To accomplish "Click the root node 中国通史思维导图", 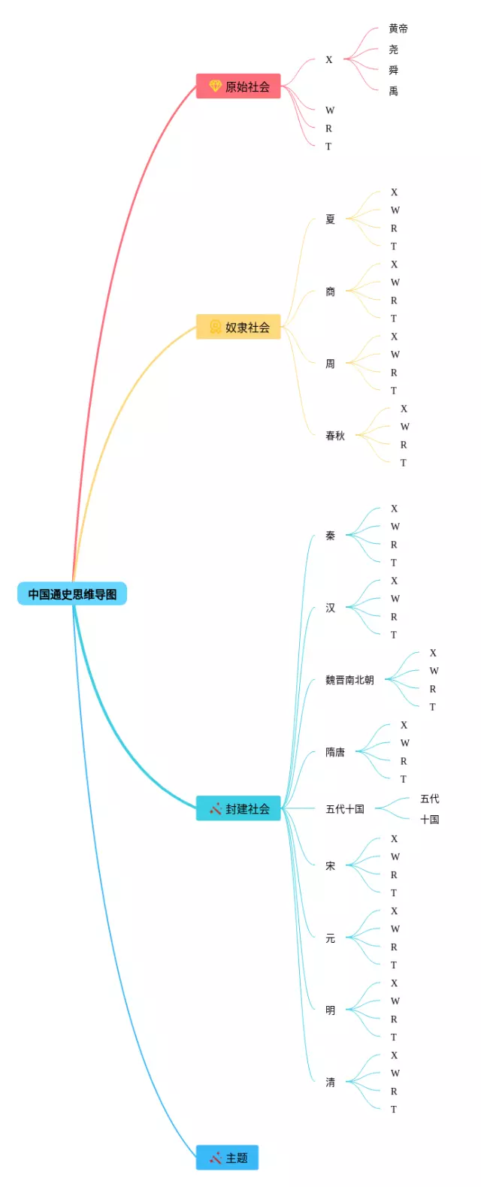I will (72, 594).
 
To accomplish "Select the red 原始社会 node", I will (238, 86).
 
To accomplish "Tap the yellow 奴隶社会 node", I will (238, 327).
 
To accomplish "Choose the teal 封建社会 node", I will (238, 808).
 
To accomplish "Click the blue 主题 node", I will (228, 1158).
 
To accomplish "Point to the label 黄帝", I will (398, 29).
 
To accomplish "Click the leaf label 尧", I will (394, 50).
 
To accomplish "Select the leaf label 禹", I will (394, 91).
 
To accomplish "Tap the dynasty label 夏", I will (330, 219).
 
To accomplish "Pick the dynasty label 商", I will (330, 291).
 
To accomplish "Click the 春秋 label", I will (335, 436).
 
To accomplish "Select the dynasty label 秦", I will (330, 536).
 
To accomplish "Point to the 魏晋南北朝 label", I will (349, 680).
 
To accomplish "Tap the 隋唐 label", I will (335, 752).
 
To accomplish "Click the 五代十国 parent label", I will (345, 809).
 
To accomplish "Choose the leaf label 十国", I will (430, 820).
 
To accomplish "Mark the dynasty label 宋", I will (330, 866).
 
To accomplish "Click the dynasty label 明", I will (330, 1010).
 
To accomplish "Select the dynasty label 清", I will (330, 1083).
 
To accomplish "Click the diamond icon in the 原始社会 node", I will (215, 86).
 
